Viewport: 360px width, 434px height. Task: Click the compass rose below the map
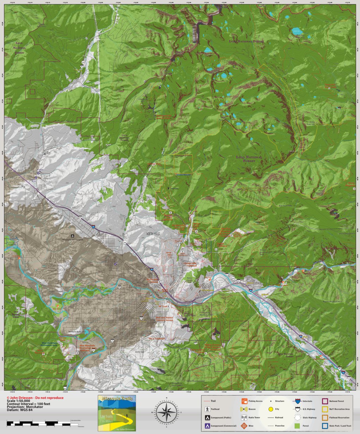click(167, 412)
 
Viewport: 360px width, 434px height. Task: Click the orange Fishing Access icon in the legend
click(244, 401)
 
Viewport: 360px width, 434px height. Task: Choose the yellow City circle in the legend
click(270, 409)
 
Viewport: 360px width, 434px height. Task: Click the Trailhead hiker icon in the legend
click(207, 409)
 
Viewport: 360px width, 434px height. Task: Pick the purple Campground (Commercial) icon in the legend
click(207, 426)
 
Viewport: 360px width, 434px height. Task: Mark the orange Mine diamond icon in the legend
click(244, 426)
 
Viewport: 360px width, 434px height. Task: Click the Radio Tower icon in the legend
click(244, 417)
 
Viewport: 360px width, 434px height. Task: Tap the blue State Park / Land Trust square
click(324, 426)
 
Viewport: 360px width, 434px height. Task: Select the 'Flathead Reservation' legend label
click(340, 417)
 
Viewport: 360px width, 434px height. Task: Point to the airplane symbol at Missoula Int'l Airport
click(73, 236)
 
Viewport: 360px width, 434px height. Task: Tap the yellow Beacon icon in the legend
click(244, 409)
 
